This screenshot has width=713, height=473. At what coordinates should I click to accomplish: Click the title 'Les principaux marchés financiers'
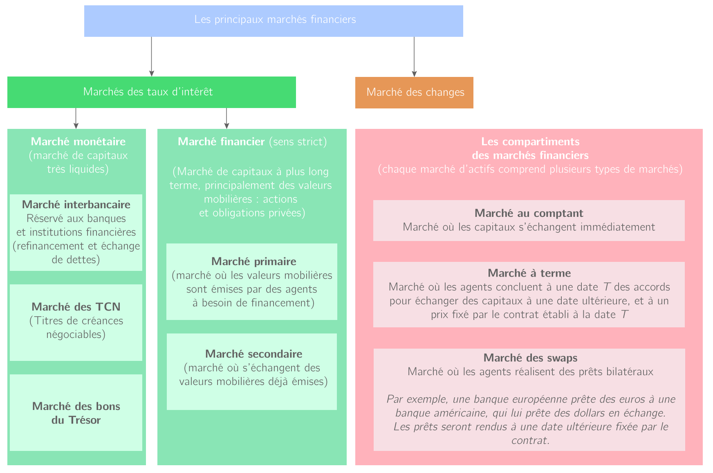pyautogui.click(x=275, y=20)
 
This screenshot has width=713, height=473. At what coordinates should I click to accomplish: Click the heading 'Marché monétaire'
pyautogui.click(x=78, y=142)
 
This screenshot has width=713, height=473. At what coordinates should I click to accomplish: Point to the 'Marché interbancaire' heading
pyautogui.click(x=76, y=205)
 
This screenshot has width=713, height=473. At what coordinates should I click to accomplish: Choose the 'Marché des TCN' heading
pyautogui.click(x=76, y=307)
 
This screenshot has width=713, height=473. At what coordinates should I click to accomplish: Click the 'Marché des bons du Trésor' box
pyautogui.click(x=76, y=413)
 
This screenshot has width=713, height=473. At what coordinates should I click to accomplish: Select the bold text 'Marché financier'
pyautogui.click(x=221, y=142)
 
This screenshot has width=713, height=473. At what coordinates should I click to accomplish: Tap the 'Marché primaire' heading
pyautogui.click(x=253, y=261)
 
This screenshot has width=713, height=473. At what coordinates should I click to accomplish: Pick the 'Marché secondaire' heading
pyautogui.click(x=253, y=354)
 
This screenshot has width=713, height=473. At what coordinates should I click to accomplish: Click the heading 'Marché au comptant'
pyautogui.click(x=529, y=213)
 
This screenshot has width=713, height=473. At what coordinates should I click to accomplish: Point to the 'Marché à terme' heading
pyautogui.click(x=529, y=273)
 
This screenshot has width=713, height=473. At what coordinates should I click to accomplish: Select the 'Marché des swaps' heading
pyautogui.click(x=530, y=358)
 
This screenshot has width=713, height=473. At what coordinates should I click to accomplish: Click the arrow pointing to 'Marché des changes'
pyautogui.click(x=414, y=57)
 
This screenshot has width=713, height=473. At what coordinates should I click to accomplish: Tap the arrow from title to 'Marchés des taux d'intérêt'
pyautogui.click(x=152, y=57)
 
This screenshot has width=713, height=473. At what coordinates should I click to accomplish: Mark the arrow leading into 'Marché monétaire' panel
pyautogui.click(x=76, y=119)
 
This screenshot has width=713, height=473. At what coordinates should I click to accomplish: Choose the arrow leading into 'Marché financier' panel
pyautogui.click(x=226, y=119)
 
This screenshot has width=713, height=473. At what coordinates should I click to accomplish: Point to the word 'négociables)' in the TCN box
pyautogui.click(x=76, y=335)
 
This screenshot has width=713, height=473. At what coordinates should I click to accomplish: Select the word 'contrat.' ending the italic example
pyautogui.click(x=530, y=441)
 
